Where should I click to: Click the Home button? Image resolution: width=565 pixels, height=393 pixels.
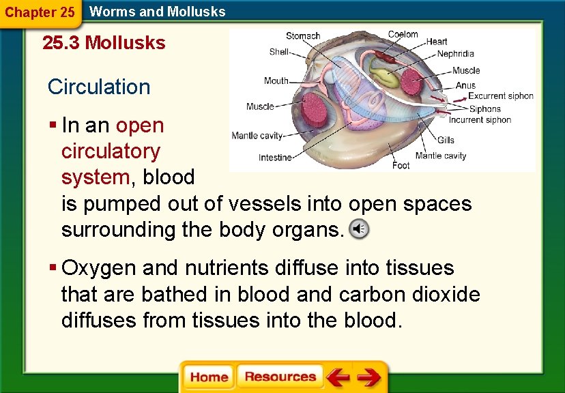click(x=209, y=377)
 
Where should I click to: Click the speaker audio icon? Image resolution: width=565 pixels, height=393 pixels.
click(x=359, y=230)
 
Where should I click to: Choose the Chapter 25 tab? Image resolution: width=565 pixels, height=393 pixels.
click(x=40, y=12)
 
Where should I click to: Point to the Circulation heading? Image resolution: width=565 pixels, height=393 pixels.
click(x=99, y=87)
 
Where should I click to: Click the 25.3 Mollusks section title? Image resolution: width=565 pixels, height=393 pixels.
click(x=104, y=43)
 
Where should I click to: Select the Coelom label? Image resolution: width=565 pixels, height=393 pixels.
click(x=403, y=35)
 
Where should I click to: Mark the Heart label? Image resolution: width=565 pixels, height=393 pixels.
click(x=437, y=42)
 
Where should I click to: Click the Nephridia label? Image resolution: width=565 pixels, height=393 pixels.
click(x=455, y=54)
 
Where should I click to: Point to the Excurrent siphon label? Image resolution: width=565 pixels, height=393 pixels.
click(x=500, y=96)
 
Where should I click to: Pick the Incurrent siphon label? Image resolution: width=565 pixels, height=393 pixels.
click(x=480, y=120)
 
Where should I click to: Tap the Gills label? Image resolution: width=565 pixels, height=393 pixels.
click(x=446, y=140)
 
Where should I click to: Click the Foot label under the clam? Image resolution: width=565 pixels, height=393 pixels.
click(x=401, y=164)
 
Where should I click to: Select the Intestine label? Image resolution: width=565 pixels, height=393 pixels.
click(x=275, y=158)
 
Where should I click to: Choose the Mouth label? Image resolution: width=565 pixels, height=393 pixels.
click(x=276, y=81)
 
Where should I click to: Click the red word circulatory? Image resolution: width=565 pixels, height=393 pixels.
click(x=111, y=151)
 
